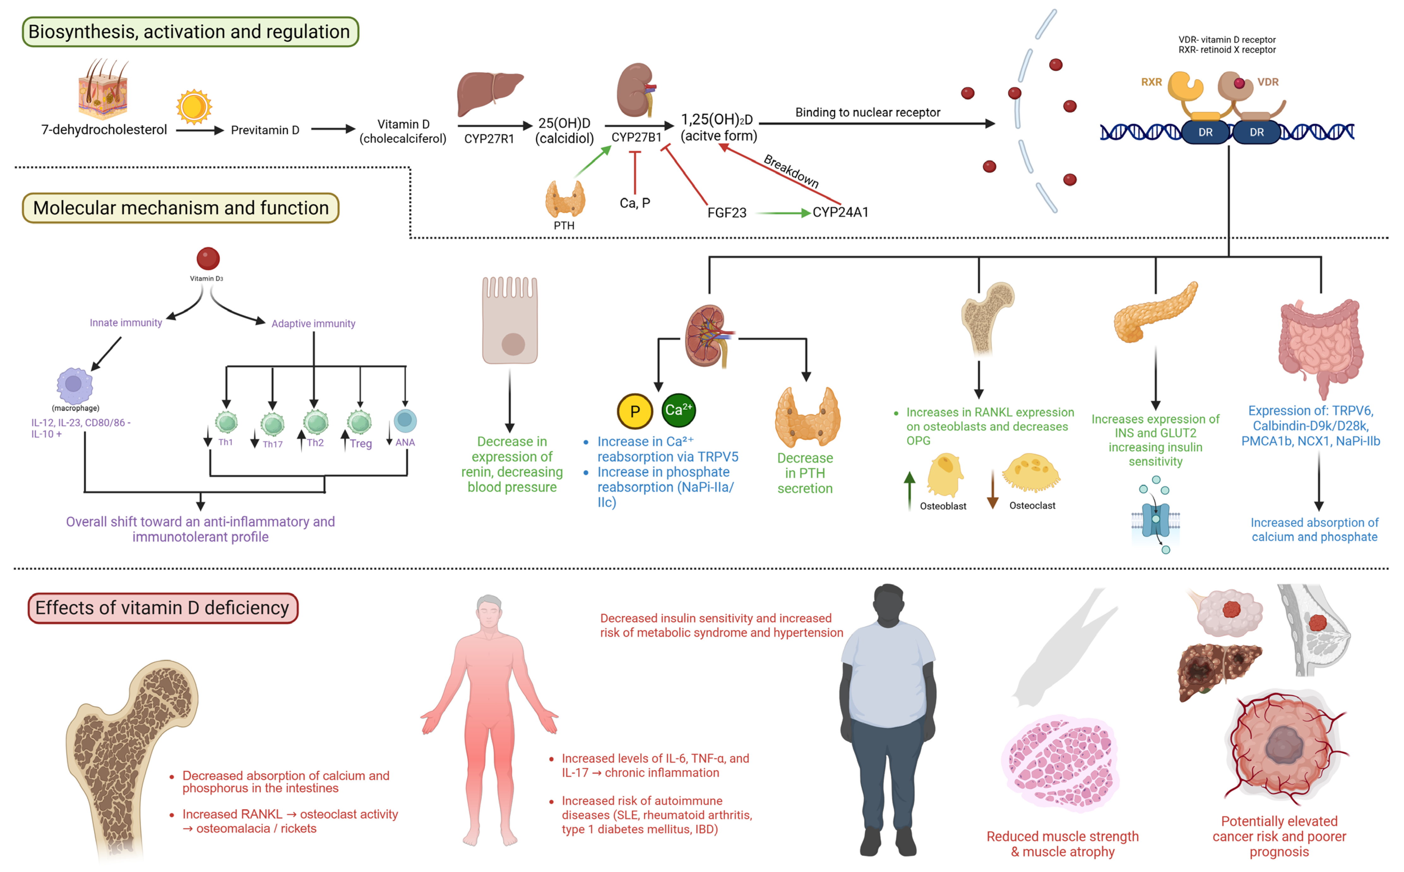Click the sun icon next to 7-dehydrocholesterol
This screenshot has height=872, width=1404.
[x=194, y=107]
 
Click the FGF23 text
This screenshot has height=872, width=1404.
[x=727, y=213]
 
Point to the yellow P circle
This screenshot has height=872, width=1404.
[x=634, y=411]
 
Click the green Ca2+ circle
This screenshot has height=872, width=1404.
[x=678, y=410]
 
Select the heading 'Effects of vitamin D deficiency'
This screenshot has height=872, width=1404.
[x=163, y=608]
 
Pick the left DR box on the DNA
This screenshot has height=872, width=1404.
[x=1205, y=132]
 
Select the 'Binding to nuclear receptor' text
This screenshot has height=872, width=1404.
[x=867, y=112]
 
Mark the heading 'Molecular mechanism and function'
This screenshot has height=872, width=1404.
[x=181, y=208]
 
